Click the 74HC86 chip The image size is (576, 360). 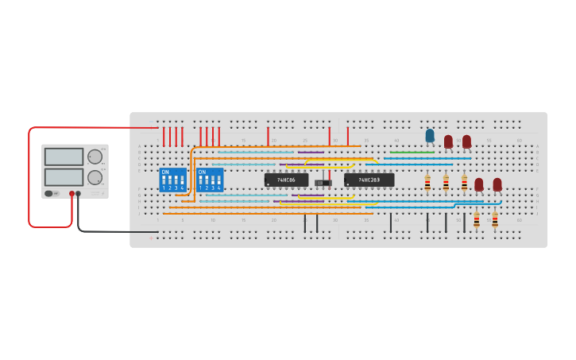[286, 180]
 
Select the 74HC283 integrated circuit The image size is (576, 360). [369, 180]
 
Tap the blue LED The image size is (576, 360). [430, 136]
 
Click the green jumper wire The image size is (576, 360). [412, 153]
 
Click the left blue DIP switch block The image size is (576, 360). [172, 180]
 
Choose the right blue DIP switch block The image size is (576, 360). [209, 180]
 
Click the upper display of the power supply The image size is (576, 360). [64, 157]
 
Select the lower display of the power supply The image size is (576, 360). [64, 176]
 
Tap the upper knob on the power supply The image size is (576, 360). [95, 157]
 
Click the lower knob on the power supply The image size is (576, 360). [95, 177]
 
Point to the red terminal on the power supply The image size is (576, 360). [72, 193]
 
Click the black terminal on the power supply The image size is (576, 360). [78, 193]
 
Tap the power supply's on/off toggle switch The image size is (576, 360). [49, 193]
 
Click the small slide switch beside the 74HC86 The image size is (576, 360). [323, 184]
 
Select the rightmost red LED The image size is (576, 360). [497, 184]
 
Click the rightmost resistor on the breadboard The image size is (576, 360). [494, 219]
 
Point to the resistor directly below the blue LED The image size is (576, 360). [427, 183]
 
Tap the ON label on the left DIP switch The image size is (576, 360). [164, 172]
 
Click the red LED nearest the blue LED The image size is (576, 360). [448, 141]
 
